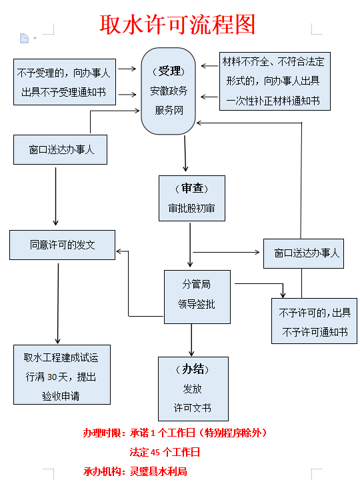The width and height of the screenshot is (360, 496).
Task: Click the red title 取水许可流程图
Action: [x=177, y=25]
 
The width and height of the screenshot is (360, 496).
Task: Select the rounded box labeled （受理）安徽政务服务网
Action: [x=168, y=91]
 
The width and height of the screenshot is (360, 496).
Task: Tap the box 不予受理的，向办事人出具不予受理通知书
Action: [x=65, y=82]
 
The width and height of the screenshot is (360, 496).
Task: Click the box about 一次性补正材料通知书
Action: [x=275, y=81]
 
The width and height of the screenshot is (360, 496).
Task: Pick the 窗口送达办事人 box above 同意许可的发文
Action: [x=60, y=149]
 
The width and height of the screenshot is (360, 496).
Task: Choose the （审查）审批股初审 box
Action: [x=192, y=199]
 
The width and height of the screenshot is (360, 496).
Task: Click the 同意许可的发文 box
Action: [x=62, y=245]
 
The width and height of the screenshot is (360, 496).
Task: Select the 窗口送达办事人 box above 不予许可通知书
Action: [x=304, y=254]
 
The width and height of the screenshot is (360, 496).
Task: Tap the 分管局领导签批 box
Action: [x=197, y=297]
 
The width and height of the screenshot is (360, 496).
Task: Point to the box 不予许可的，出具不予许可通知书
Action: [x=314, y=321]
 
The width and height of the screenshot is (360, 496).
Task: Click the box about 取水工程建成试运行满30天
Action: [x=62, y=375]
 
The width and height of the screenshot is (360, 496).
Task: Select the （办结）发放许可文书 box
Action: [x=193, y=389]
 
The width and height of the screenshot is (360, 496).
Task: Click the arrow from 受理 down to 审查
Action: [x=185, y=153]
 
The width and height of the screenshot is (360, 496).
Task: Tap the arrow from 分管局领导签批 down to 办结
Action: [x=191, y=340]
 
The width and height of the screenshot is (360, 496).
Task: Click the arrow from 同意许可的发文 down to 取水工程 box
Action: [x=58, y=303]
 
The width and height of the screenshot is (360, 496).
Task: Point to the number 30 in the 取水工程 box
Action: [x=52, y=377]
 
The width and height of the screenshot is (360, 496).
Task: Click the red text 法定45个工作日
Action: [x=165, y=452]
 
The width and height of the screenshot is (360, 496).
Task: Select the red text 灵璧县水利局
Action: [x=159, y=471]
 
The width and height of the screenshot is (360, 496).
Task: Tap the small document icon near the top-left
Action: [x=25, y=38]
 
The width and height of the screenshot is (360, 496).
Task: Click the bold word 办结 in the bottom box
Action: [x=193, y=369]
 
